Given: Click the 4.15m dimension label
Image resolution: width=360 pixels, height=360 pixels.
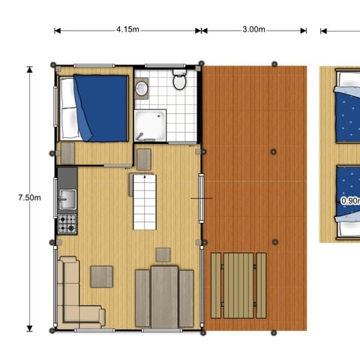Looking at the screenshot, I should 127,30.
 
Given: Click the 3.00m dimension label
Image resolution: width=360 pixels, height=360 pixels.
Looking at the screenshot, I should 253,30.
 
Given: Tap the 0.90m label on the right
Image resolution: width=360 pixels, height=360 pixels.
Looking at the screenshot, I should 349,201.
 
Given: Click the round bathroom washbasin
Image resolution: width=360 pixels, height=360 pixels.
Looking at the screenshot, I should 142,88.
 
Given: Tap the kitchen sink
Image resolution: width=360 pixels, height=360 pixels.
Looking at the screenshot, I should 67,199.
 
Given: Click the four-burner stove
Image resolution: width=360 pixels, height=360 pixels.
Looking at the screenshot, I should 67,223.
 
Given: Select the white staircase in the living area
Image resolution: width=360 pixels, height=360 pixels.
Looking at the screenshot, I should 145,201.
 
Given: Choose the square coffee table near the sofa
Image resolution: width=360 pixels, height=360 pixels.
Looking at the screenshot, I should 101,277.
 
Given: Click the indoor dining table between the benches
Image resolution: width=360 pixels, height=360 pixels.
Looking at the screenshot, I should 164,297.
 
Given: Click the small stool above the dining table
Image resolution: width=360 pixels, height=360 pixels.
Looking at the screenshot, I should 163,254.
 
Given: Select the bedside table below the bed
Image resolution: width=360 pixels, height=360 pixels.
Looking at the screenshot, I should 67,152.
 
